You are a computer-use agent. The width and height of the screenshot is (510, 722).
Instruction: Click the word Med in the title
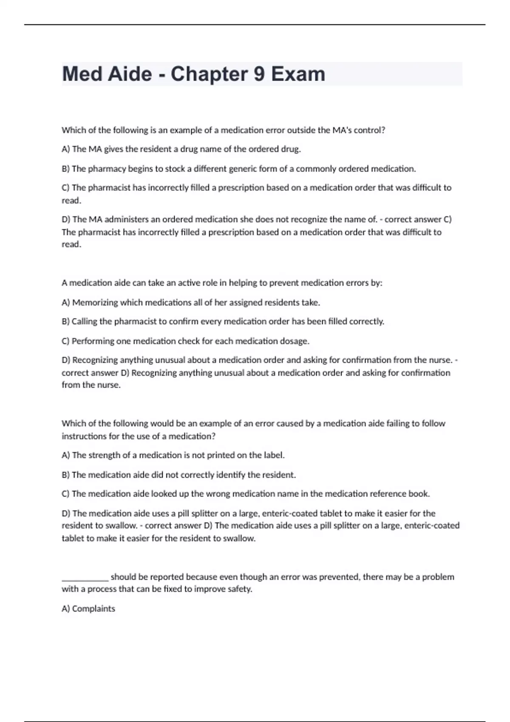tap(82, 74)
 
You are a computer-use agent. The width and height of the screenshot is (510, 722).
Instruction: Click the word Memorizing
tap(95, 302)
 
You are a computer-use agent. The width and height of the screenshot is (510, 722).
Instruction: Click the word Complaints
tap(93, 609)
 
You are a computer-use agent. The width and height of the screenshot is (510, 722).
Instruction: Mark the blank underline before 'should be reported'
tap(85, 578)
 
